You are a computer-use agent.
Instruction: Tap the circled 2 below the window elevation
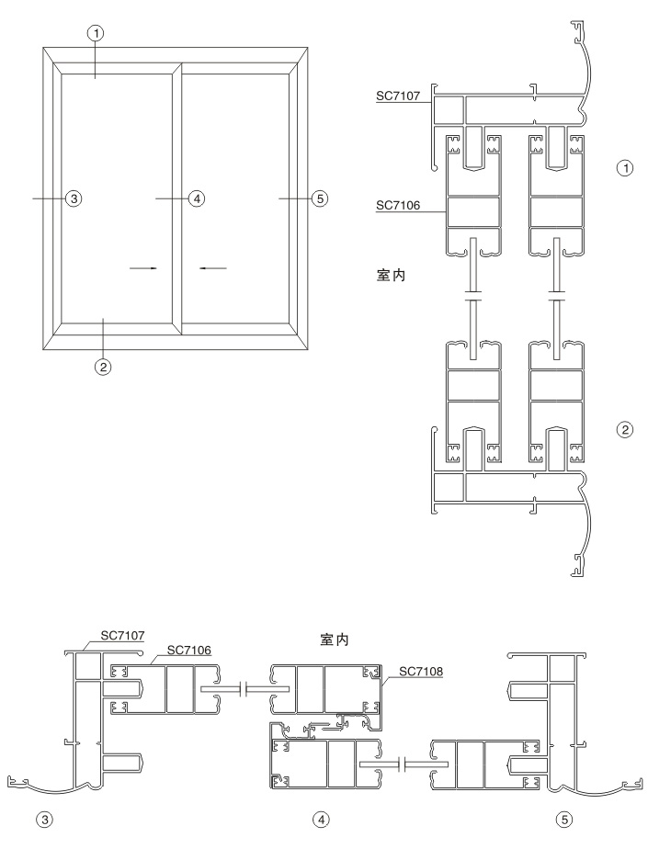103,367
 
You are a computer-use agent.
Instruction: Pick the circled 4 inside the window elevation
194,198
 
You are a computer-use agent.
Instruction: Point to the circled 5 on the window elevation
318,198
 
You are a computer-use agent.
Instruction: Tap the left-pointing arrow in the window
213,268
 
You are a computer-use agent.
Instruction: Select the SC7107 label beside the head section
397,94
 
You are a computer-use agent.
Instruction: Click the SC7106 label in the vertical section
397,206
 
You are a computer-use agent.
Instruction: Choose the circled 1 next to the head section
625,169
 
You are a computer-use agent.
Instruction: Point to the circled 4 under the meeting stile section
320,816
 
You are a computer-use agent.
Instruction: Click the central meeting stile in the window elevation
176,198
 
